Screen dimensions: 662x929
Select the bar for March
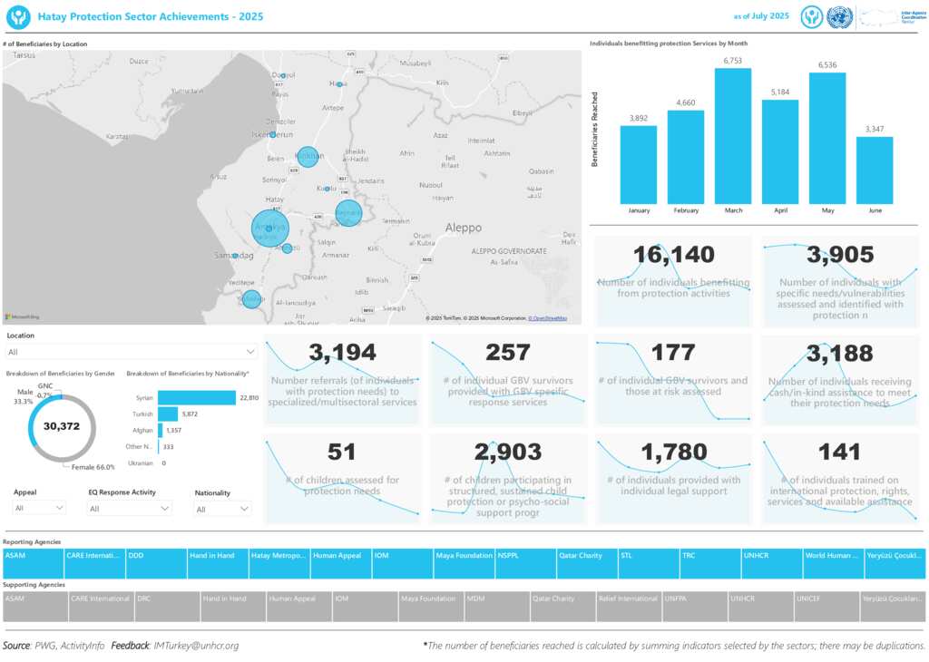733,136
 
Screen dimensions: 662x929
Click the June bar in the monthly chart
875,170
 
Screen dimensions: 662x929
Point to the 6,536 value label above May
827,65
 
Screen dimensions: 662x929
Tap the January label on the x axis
639,210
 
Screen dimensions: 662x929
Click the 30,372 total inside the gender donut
63,426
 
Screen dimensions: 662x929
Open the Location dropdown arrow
250,351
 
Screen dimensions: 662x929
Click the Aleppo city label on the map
463,228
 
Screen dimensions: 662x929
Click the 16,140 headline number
673,256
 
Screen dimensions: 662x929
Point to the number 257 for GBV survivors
507,353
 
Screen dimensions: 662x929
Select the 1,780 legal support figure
673,452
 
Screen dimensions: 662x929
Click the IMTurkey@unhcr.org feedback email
197,646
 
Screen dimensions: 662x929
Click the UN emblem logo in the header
840,16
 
